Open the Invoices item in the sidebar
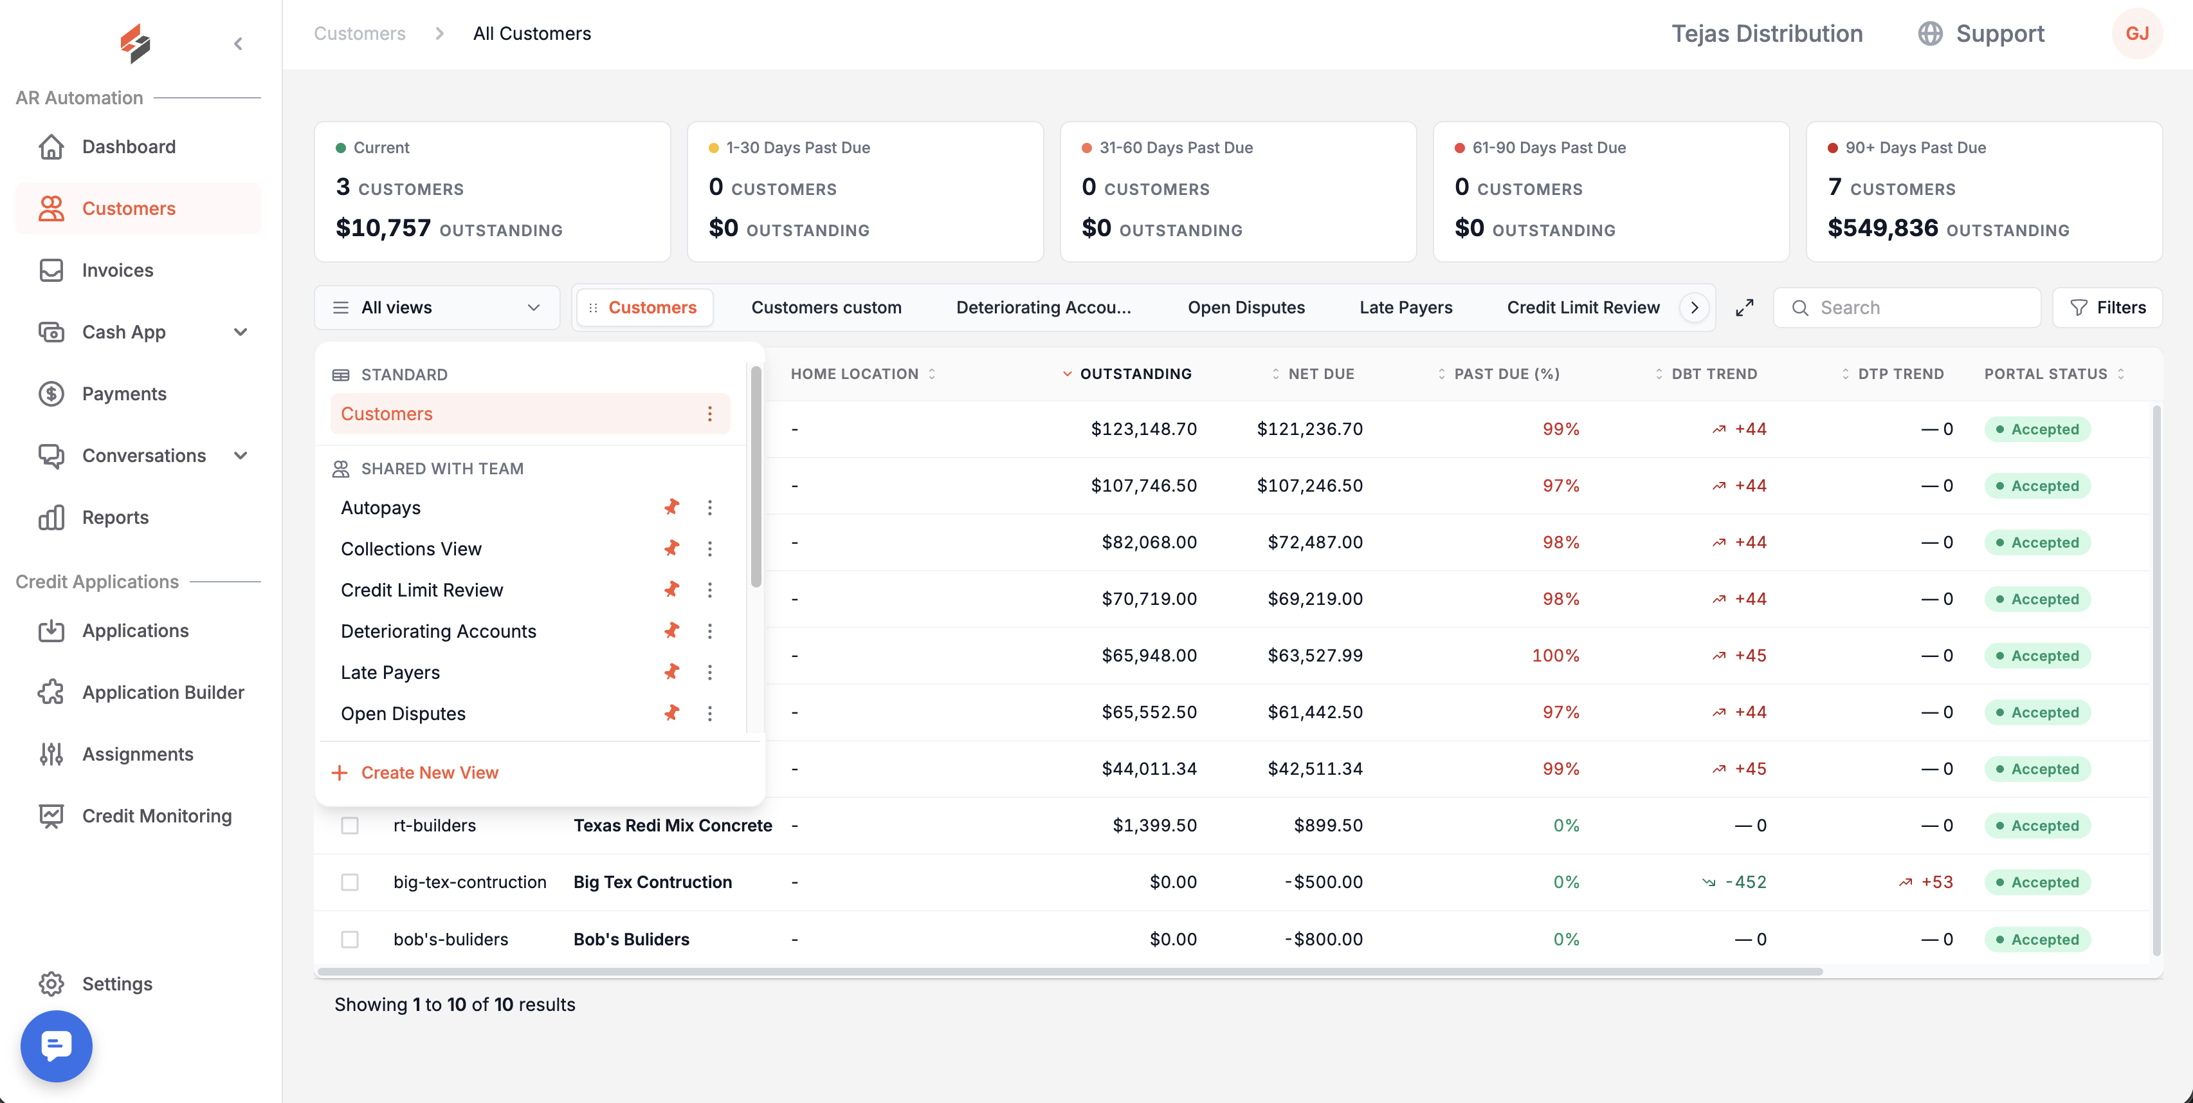coord(118,270)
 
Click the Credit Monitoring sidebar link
coord(157,816)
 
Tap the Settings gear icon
coord(51,984)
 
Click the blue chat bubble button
coord(56,1046)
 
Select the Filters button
coord(2108,308)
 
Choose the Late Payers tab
coord(1406,308)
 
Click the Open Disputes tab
coord(1246,308)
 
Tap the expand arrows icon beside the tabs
coord(1744,308)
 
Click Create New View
coord(429,772)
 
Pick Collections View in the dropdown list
coord(411,548)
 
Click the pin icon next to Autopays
coord(671,508)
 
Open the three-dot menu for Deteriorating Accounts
coord(710,631)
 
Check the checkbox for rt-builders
coord(350,826)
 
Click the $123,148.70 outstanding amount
coord(1143,429)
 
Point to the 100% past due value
coord(1556,656)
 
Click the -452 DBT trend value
coord(1745,882)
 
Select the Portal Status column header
coord(2046,374)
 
